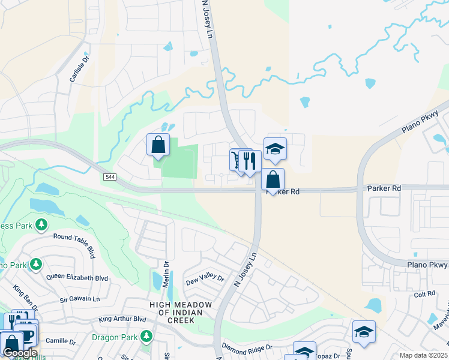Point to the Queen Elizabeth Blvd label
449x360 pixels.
coord(77,278)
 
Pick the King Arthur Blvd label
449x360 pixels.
coord(122,319)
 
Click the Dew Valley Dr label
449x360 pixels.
coord(205,280)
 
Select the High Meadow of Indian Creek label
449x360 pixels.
coord(181,313)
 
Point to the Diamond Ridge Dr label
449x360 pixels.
coord(247,347)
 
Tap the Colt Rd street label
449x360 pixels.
coord(424,294)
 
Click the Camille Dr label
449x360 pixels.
coord(60,341)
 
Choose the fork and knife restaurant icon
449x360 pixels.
coord(250,161)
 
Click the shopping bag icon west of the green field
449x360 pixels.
coord(158,145)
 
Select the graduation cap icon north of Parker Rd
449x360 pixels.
coord(275,149)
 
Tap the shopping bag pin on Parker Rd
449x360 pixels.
coord(273,179)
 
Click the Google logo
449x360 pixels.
coord(19,353)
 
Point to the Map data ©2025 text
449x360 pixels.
coord(424,355)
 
